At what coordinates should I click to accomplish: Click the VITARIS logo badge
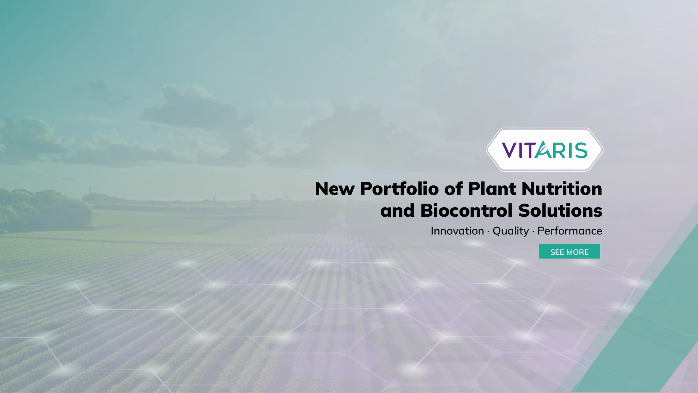[545, 149]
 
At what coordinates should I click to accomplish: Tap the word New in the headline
[335, 189]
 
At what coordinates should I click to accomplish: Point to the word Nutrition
[562, 189]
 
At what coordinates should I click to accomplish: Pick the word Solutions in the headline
[560, 210]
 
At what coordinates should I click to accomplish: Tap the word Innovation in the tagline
[457, 231]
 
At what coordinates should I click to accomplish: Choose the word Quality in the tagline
[511, 231]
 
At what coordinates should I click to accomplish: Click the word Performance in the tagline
[570, 231]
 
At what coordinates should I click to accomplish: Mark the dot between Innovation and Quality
[488, 232]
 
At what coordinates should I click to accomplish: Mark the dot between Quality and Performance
[533, 232]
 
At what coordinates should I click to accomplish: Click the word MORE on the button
[577, 252]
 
